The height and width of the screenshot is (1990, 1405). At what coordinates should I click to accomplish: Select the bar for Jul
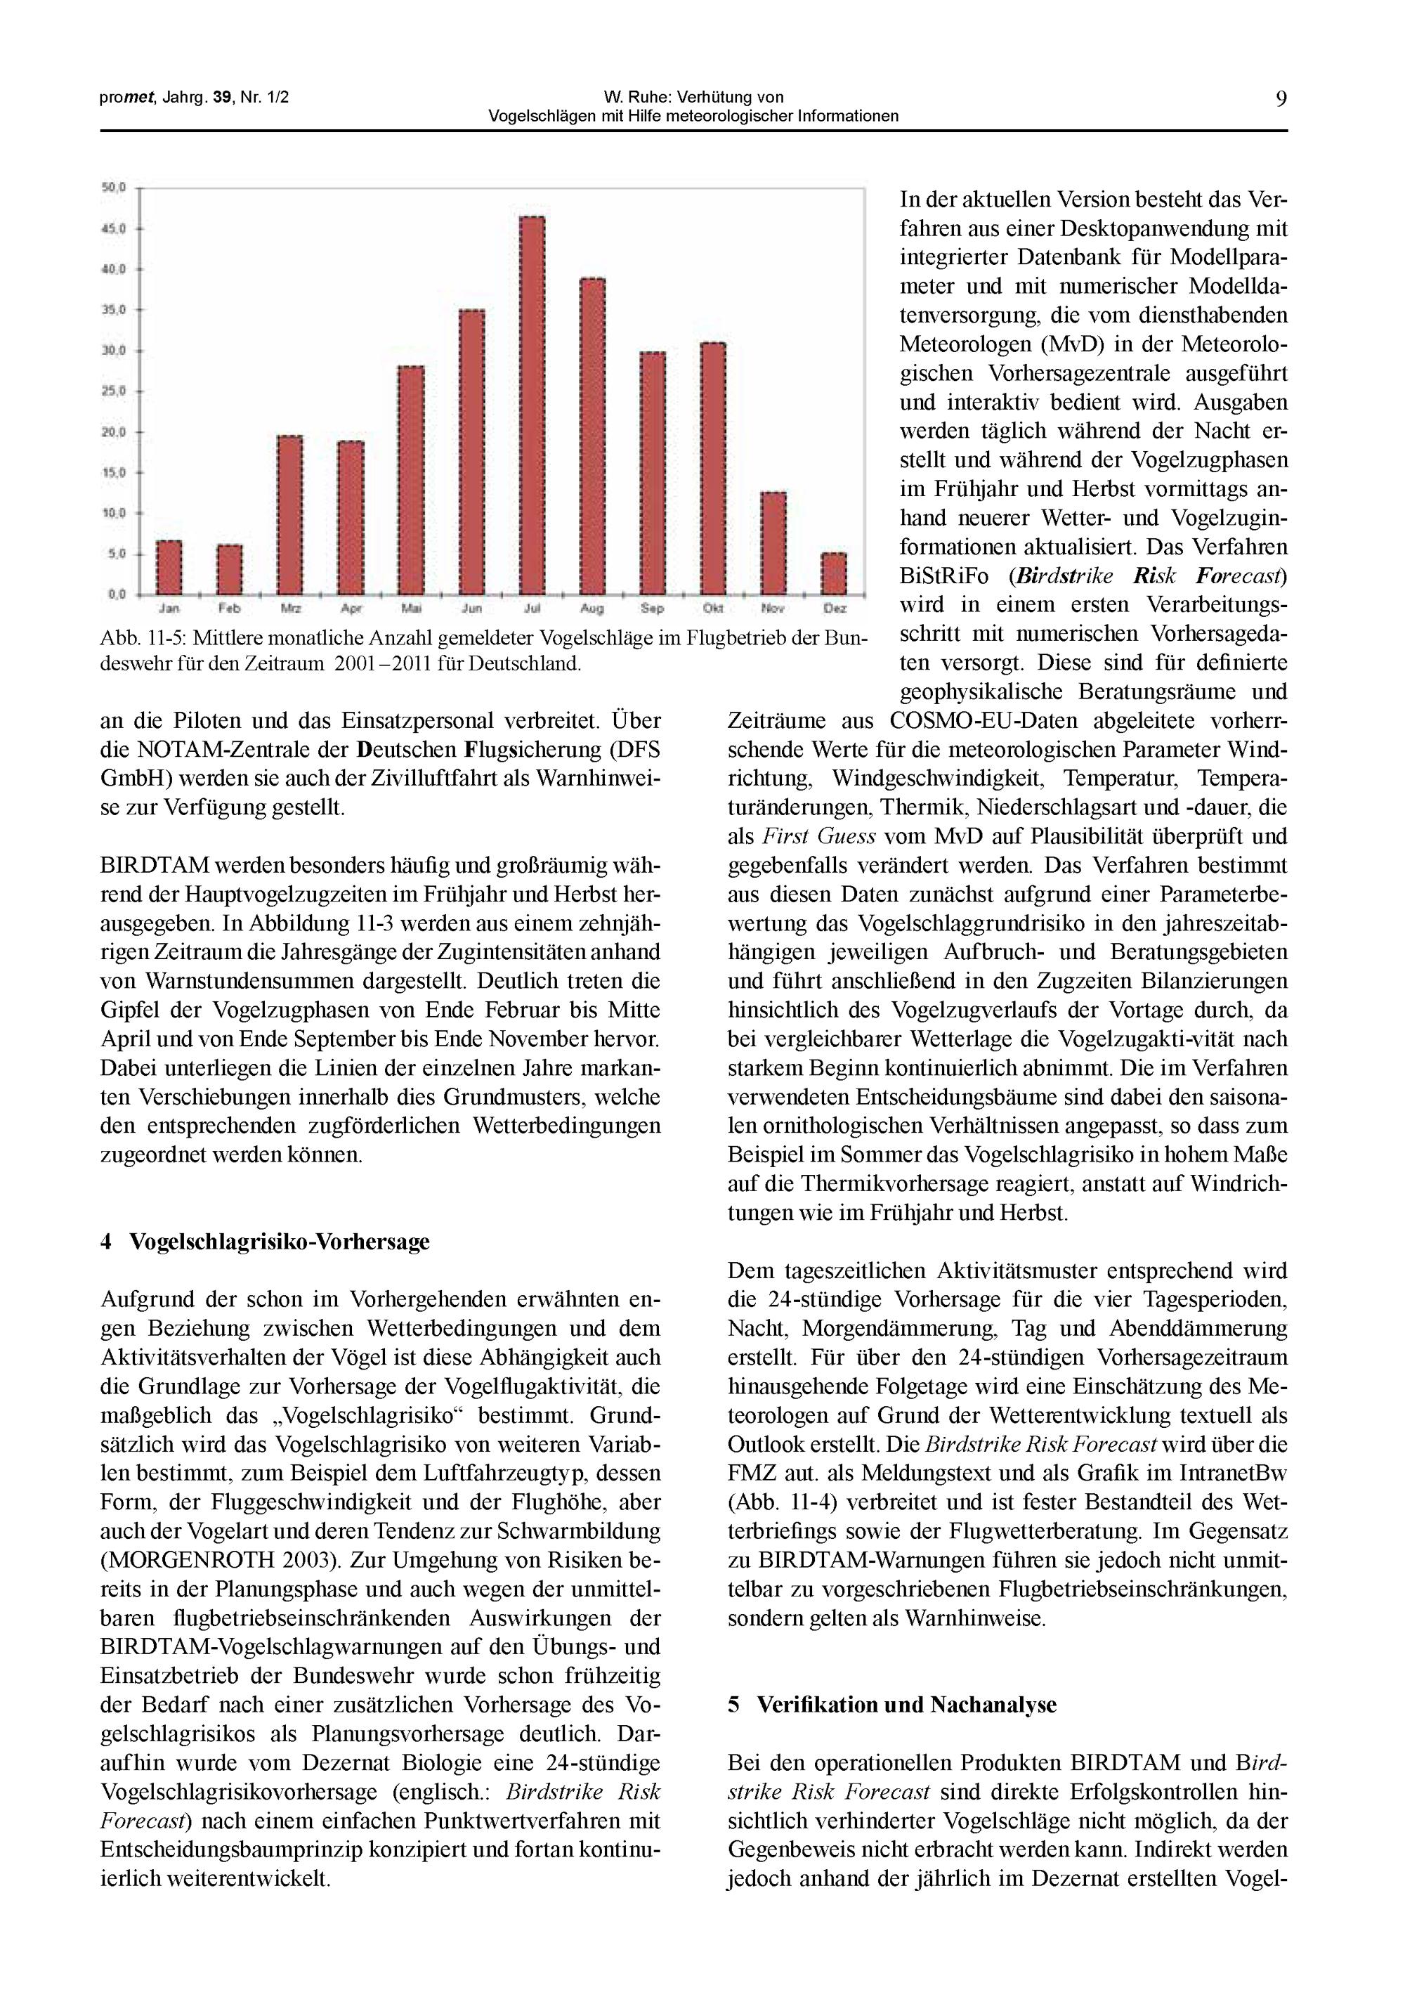(x=532, y=405)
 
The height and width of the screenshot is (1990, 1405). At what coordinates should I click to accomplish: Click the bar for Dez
(x=834, y=574)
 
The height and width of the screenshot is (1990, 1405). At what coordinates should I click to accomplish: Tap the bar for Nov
(x=773, y=543)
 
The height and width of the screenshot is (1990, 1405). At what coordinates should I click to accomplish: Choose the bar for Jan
(x=169, y=568)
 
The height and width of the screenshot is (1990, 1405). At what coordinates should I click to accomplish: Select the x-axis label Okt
(x=712, y=609)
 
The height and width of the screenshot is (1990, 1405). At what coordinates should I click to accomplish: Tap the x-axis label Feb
(x=229, y=609)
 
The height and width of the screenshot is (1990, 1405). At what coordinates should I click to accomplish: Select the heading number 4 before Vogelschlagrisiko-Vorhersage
(x=106, y=1242)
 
